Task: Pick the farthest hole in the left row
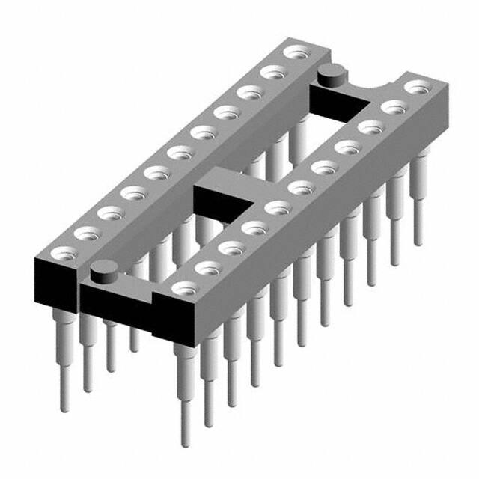coord(297,53)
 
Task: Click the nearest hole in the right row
coord(183,287)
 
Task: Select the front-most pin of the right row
coord(184,389)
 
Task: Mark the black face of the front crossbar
coord(116,299)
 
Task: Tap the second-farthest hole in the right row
coord(390,107)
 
